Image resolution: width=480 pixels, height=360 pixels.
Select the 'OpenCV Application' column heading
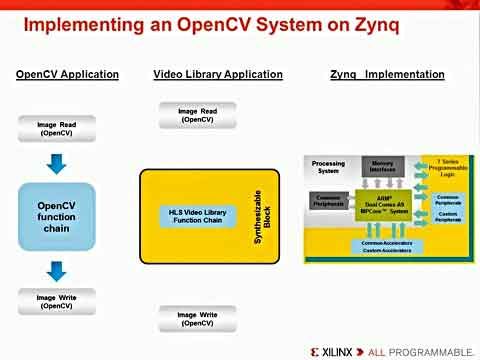coord(67,74)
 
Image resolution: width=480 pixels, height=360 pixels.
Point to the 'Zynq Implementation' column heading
coord(387,74)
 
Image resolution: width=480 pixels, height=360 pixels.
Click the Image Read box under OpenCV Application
coord(55,128)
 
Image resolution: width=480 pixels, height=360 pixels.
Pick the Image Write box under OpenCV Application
coord(56,301)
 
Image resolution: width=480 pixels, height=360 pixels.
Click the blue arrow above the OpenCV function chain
coord(56,162)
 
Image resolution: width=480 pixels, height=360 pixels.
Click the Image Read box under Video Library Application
coord(196,115)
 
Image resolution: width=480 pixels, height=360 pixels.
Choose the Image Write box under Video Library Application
coord(196,319)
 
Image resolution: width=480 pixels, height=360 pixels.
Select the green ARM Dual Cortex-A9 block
coord(383,203)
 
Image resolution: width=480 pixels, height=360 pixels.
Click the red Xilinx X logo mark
coord(316,352)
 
